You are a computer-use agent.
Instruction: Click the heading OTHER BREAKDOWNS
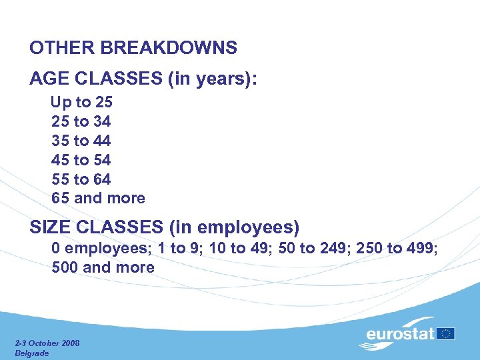click(x=133, y=48)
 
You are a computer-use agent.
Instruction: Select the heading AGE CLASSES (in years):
click(x=143, y=79)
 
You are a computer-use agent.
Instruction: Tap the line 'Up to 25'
click(x=82, y=103)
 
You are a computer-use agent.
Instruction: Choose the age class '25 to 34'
click(x=81, y=122)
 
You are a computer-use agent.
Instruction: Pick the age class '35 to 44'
click(x=81, y=141)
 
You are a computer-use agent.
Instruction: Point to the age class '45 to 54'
click(x=81, y=160)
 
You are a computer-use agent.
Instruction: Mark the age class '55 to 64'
click(x=81, y=179)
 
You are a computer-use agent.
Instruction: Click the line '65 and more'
click(x=98, y=198)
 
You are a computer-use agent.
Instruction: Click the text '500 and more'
click(x=103, y=268)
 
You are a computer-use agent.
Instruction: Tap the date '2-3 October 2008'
click(x=47, y=343)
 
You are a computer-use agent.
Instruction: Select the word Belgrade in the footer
click(x=32, y=353)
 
